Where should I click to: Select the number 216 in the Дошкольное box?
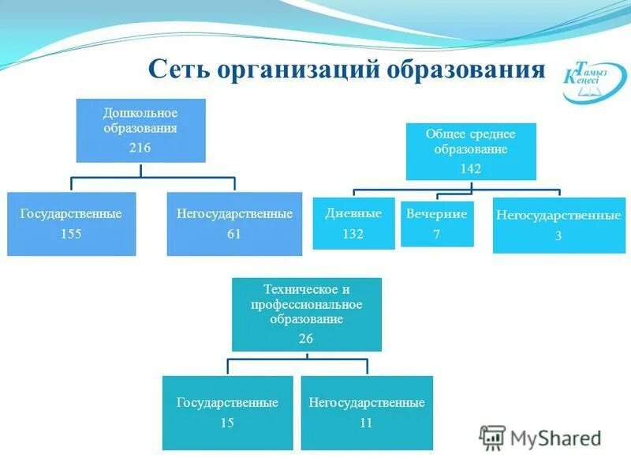pos(140,148)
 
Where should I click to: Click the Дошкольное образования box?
pos(140,130)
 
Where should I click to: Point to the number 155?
pos(71,234)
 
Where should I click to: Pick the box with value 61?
pos(234,224)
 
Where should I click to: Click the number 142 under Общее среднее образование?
pos(471,168)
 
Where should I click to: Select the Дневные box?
pos(353,224)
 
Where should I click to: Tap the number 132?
pos(353,234)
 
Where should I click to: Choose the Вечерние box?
pos(437,224)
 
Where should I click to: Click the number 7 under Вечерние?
pos(436,235)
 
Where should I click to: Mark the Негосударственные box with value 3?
pos(558,225)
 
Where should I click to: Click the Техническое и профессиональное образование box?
pos(306,314)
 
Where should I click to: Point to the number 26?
pos(306,338)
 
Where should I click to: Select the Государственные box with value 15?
pos(227,412)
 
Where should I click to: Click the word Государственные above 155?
pos(71,214)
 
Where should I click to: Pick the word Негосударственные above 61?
pos(234,214)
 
